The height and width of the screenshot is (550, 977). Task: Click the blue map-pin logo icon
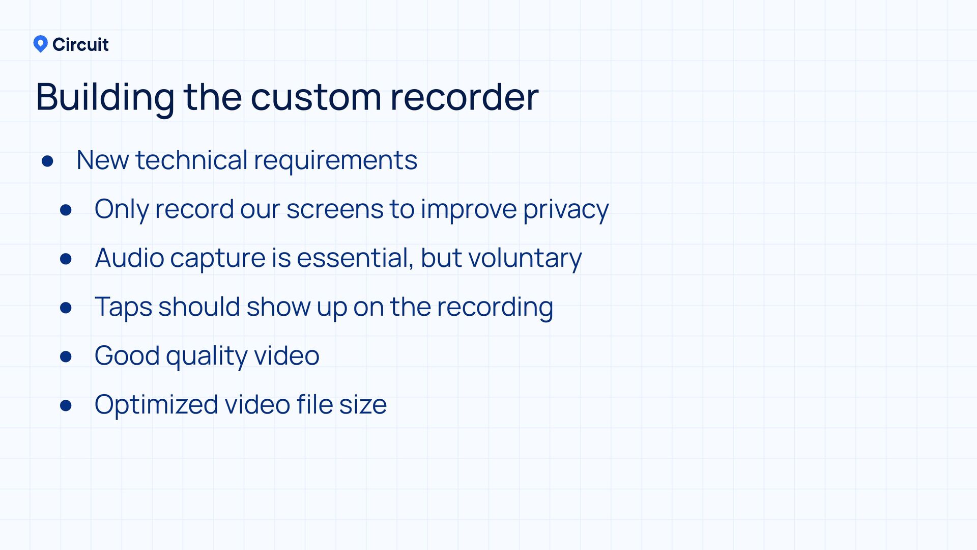pyautogui.click(x=40, y=44)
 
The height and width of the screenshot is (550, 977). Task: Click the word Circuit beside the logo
pyautogui.click(x=80, y=45)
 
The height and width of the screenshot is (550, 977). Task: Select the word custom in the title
pyautogui.click(x=315, y=97)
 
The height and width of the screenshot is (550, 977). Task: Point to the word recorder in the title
pyautogui.click(x=464, y=97)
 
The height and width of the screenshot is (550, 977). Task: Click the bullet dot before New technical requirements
pyautogui.click(x=48, y=161)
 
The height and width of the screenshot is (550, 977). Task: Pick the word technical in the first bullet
pyautogui.click(x=191, y=160)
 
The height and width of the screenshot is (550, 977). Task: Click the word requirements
pyautogui.click(x=335, y=161)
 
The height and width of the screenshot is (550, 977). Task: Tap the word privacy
pyautogui.click(x=565, y=209)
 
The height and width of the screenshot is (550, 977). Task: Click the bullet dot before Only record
pyautogui.click(x=66, y=210)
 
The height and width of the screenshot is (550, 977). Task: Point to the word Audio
pyautogui.click(x=129, y=258)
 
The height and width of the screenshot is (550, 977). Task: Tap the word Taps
pyautogui.click(x=123, y=307)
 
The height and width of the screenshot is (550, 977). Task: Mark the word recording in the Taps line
pyautogui.click(x=495, y=307)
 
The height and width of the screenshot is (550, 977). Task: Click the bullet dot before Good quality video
pyautogui.click(x=66, y=356)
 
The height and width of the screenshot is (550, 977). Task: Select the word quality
pyautogui.click(x=207, y=356)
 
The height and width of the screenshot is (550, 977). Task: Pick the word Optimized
pyautogui.click(x=156, y=405)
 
